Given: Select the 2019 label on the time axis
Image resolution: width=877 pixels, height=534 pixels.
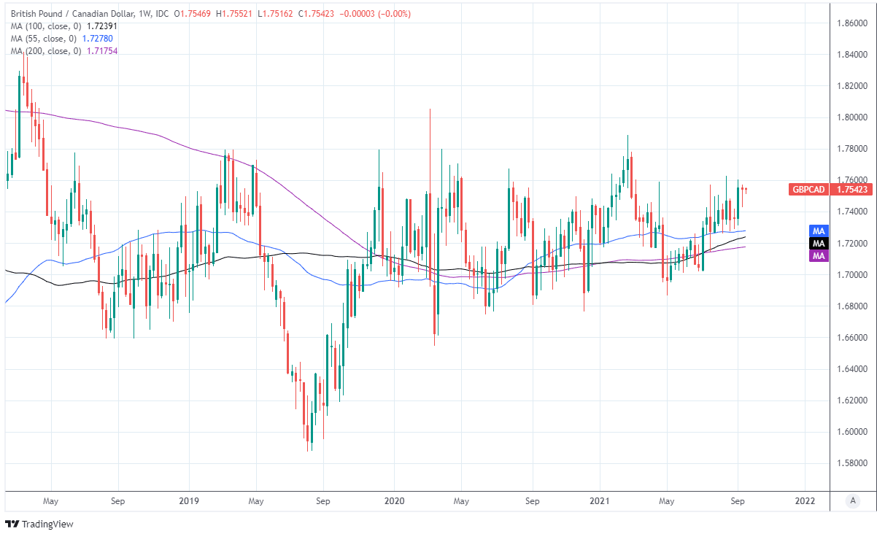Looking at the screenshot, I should coord(188,501).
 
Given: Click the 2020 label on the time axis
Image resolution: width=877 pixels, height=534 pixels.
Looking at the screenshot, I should coord(394,501).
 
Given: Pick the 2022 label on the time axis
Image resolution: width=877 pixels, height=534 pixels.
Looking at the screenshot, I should coord(805,501).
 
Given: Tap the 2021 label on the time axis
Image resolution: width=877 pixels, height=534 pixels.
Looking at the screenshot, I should coord(599,501).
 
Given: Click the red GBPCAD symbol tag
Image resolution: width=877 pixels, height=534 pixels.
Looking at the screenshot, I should coord(809,190).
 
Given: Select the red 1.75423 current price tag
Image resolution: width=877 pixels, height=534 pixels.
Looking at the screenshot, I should coord(851,190).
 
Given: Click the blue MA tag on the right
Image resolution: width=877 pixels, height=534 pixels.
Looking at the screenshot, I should coord(819,231).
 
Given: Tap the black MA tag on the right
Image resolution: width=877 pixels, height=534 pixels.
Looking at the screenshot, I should coord(819,243).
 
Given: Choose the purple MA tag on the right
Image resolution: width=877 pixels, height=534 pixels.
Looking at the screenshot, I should coord(819,255).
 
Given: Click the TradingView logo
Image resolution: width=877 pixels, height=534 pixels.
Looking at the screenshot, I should coord(39,524).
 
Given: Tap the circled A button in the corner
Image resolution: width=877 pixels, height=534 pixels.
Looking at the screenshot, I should coord(851,501).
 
